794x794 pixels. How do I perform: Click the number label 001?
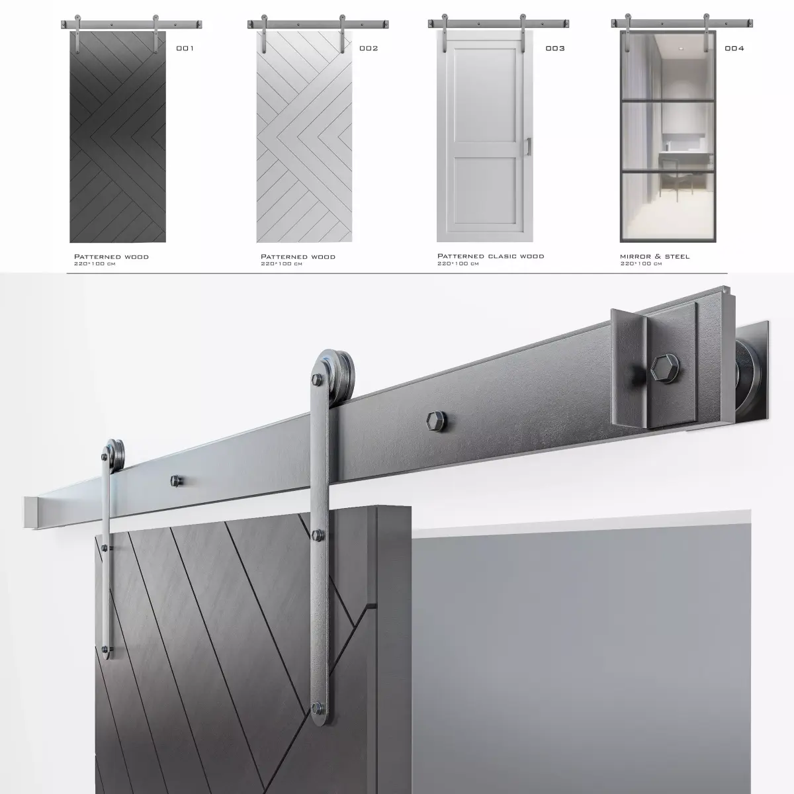point(185,48)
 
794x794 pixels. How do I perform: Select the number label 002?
point(369,48)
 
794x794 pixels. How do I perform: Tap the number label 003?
point(554,48)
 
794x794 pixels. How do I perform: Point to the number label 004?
point(734,48)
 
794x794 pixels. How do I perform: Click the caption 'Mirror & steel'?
point(654,256)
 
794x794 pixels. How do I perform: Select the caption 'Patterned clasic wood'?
point(490,255)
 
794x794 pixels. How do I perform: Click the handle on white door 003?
point(528,147)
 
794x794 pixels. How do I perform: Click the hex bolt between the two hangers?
point(176,480)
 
